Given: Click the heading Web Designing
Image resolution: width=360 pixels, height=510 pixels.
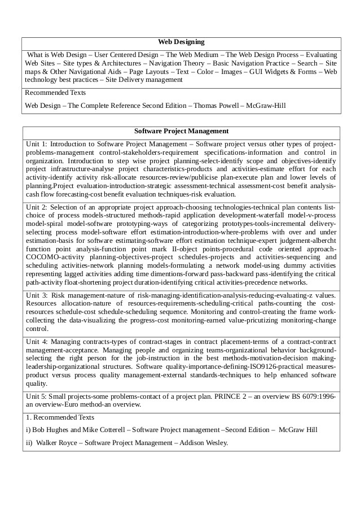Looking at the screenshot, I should pos(181,42).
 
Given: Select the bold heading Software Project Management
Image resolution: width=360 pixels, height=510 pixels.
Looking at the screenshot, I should pos(181,131).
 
